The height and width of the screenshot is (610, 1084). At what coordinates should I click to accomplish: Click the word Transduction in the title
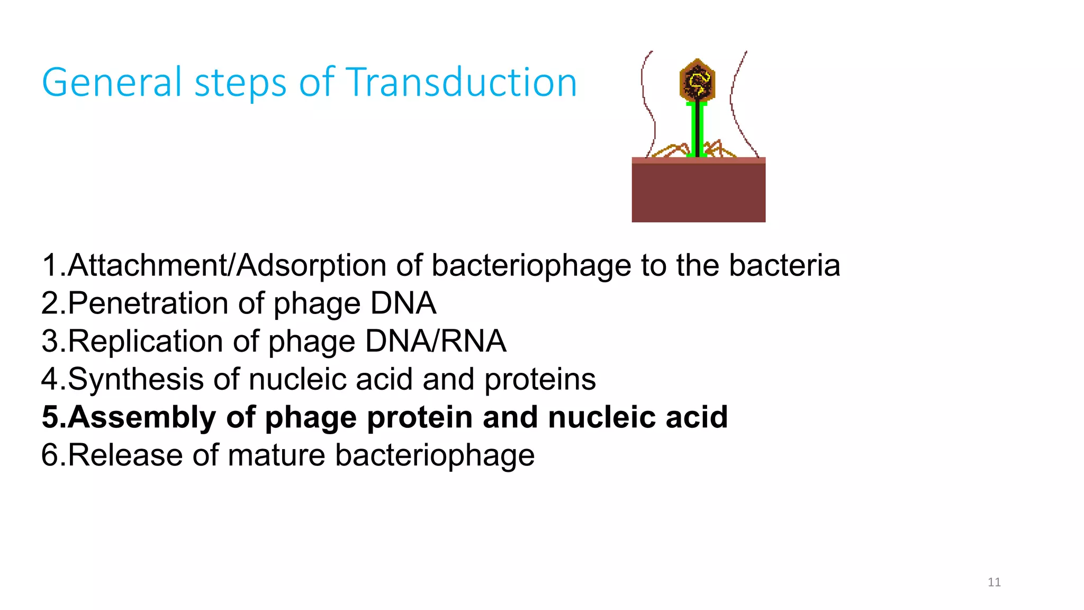click(461, 83)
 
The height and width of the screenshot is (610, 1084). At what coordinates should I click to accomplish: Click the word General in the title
click(112, 84)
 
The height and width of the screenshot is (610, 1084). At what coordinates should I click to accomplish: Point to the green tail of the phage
click(697, 130)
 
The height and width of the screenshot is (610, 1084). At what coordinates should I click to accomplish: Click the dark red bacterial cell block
click(698, 192)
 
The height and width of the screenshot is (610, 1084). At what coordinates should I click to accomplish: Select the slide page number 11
click(994, 582)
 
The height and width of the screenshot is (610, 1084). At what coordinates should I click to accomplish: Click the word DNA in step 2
click(403, 303)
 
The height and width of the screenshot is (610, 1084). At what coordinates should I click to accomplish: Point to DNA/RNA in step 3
click(436, 342)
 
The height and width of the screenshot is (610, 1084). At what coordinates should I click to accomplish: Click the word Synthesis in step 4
click(135, 380)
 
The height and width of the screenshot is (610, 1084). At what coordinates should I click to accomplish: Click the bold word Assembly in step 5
click(142, 417)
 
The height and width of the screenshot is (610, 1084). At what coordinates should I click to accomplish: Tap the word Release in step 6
click(125, 455)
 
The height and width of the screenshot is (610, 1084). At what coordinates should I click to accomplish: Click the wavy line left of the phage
click(647, 101)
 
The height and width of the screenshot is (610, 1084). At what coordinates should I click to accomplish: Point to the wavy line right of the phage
click(736, 101)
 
